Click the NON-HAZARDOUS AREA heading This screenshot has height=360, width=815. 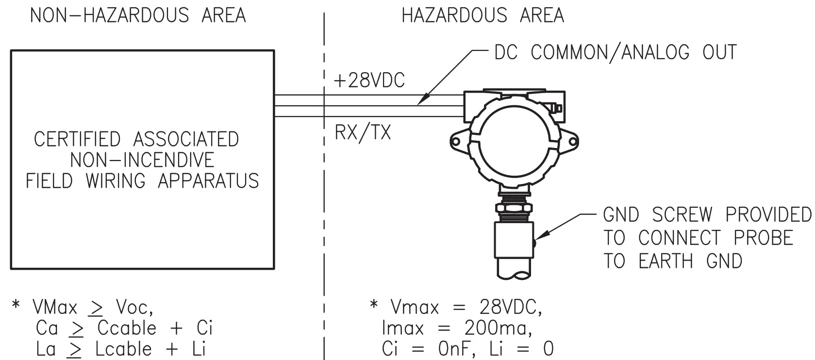138,16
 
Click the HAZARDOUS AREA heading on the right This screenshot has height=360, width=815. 482,16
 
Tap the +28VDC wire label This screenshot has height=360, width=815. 369,81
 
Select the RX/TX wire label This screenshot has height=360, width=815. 363,132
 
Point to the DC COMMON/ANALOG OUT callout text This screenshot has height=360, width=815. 615,52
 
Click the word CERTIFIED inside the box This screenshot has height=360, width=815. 77,139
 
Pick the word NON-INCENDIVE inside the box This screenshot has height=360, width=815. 142,160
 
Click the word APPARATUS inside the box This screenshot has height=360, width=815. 208,181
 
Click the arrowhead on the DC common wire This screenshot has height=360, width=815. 422,101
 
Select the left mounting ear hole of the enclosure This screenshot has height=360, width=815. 455,141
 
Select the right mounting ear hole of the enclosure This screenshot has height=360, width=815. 573,142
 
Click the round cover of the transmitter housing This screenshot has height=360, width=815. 514,141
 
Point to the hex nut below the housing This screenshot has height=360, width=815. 514,208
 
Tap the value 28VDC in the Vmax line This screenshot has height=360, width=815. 510,308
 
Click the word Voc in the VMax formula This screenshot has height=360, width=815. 134,307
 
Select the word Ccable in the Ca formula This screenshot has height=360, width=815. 127,328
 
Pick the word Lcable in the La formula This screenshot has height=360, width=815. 123,349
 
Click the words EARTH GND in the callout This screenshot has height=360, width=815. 690,262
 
